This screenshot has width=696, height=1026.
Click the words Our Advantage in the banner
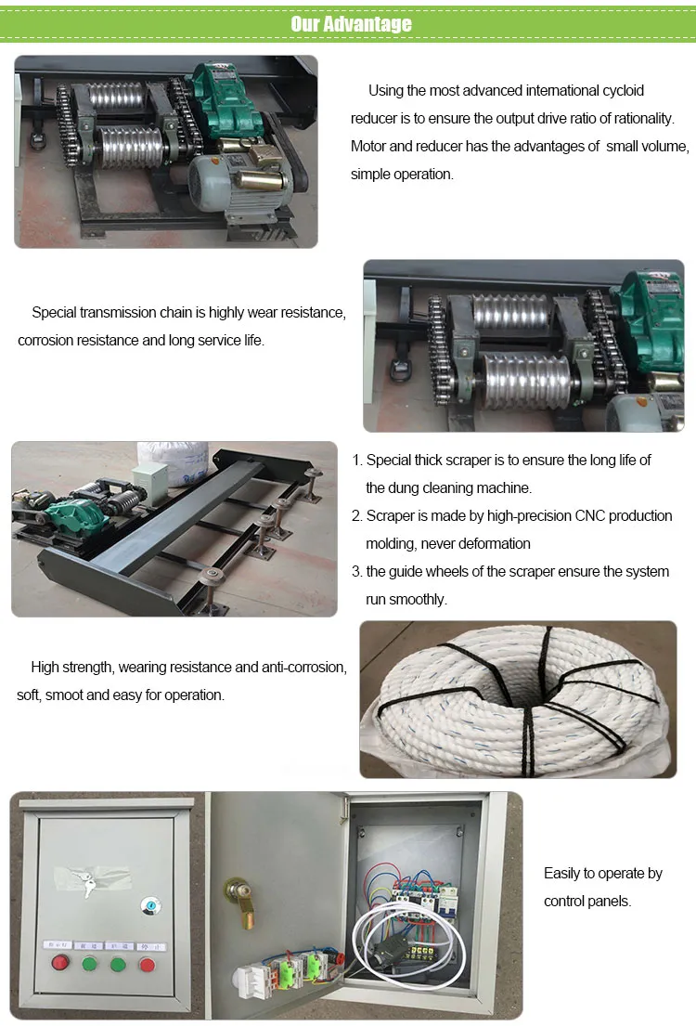pyautogui.click(x=351, y=23)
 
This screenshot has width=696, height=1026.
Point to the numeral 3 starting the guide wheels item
pyautogui.click(x=355, y=572)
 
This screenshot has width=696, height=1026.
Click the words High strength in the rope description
pyautogui.click(x=71, y=667)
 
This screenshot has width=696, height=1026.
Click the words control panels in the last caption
pyautogui.click(x=587, y=902)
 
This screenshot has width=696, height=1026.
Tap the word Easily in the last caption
pyautogui.click(x=561, y=874)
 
